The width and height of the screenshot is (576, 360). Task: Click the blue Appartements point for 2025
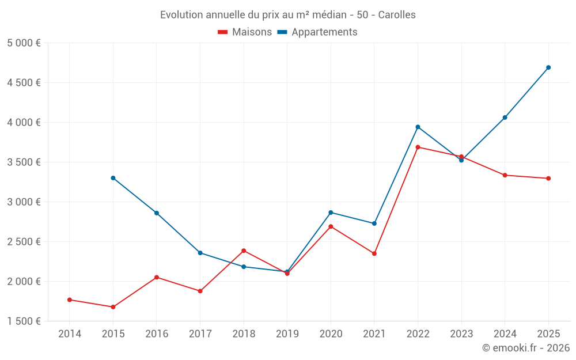coord(548,67)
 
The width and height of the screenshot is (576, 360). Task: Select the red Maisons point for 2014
coord(70,300)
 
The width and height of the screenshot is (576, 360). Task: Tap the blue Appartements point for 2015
coord(113,178)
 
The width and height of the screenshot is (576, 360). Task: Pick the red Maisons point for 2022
coord(418,147)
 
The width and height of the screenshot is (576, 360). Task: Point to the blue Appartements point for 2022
coord(418,127)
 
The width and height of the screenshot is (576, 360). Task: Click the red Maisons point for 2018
coord(244,251)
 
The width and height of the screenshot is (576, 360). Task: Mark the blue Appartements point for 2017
coord(200,253)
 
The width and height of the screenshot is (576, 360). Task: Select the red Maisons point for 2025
coord(548,179)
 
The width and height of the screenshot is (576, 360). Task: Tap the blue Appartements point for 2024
coord(505,118)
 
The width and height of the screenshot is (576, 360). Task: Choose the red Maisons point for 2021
coord(374,253)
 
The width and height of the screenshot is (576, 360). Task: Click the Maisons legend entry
coord(245,32)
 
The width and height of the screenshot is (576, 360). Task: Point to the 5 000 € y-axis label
coord(24,43)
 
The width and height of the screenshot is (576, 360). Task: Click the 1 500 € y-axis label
coord(24,321)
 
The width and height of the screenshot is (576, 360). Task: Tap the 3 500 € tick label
coord(24,162)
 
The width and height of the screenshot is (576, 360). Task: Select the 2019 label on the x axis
coord(287,334)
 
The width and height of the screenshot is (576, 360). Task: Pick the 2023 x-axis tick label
coord(461,334)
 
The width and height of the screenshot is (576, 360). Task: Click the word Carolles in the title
coord(397,14)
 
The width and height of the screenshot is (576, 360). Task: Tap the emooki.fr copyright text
coord(526,348)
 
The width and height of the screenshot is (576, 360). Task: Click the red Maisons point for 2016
coord(157,277)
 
